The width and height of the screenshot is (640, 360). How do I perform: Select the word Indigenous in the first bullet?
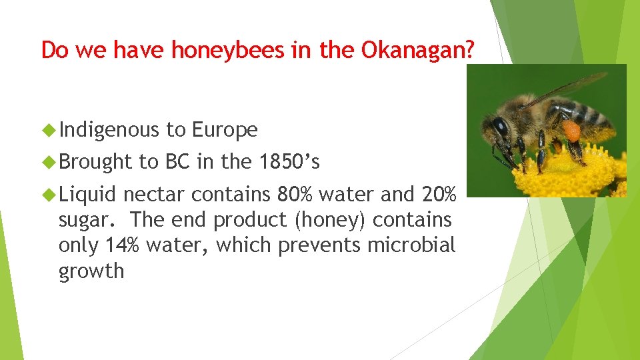coord(109,130)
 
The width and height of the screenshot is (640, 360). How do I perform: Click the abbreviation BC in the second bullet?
coord(177,161)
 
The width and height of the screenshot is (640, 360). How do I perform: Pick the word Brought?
coord(95,161)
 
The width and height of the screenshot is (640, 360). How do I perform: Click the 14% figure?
coord(123,245)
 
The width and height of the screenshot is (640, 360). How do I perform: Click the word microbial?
coord(412,245)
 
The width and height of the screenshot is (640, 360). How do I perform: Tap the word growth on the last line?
coord(91,271)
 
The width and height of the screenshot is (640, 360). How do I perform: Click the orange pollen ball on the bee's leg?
coord(571,130)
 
